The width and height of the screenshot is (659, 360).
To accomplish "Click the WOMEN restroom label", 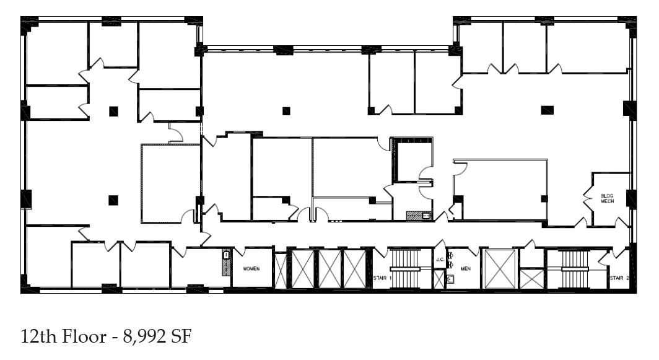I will pos(251,269).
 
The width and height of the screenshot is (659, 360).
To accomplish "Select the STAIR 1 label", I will pos(382,278).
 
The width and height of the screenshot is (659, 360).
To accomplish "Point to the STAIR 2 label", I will pos(619,278).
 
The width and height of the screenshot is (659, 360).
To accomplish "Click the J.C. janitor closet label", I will pos(439,260).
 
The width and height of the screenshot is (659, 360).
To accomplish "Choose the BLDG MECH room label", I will pos(607,198).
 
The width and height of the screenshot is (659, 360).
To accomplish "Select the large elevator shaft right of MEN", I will pos(499,268).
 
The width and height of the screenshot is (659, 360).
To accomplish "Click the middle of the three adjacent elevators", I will pos(329,268).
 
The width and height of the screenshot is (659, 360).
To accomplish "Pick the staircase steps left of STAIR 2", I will pos(574,268).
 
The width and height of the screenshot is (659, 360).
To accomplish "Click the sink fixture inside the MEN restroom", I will pos(450,278).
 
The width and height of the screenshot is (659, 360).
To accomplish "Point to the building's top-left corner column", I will pos(29,25).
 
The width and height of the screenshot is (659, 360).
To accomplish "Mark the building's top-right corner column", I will pos(631,25).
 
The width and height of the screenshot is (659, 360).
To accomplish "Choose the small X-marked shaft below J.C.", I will pos(439,279).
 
